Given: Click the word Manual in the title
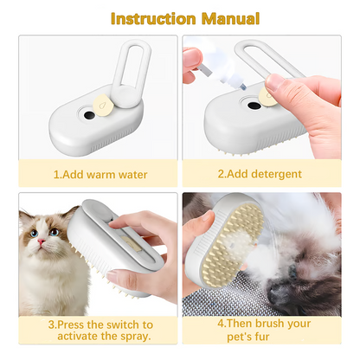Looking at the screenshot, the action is [x=230, y=19].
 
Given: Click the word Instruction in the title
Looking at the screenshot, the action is [x=153, y=19].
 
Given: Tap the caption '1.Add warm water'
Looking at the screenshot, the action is [x=100, y=175].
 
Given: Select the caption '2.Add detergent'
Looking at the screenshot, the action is [x=260, y=174].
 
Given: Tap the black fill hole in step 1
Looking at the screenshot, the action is [x=89, y=116].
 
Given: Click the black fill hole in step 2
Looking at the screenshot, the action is [x=254, y=106].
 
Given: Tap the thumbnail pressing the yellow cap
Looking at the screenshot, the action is [x=274, y=82].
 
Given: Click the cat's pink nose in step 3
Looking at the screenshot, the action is [x=42, y=241].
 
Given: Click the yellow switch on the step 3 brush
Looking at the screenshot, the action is [x=128, y=241].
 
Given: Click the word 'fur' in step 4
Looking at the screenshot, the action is [x=262, y=337].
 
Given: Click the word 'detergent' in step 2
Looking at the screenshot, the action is [x=276, y=174].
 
